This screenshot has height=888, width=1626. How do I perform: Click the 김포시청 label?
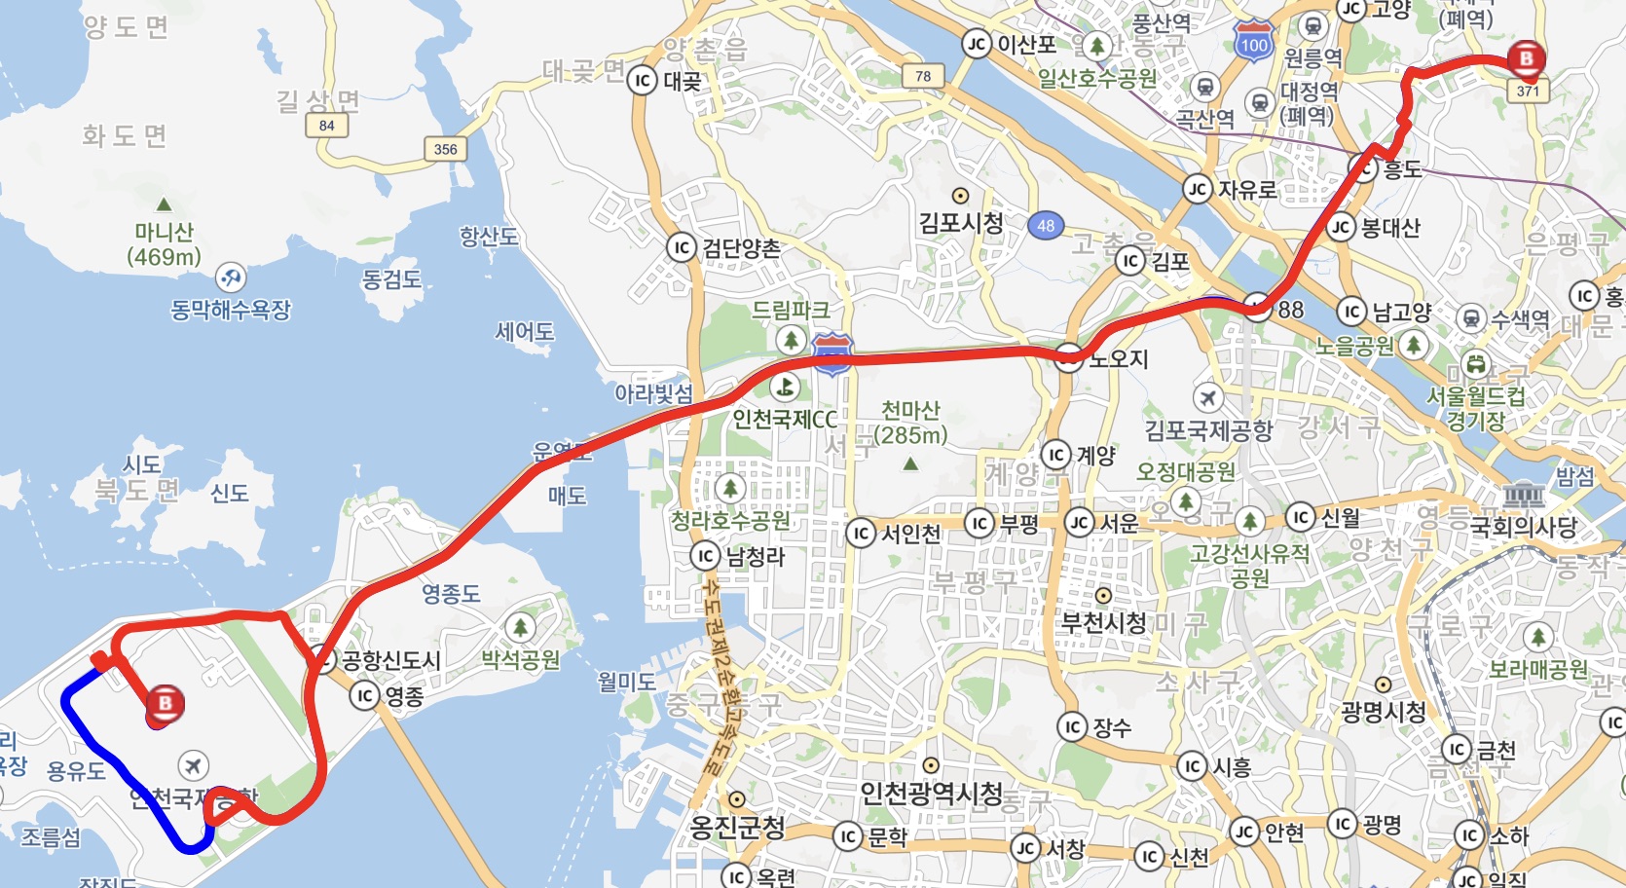(961, 223)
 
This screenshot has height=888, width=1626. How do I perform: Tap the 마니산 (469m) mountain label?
(164, 244)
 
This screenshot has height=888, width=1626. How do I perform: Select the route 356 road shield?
(445, 149)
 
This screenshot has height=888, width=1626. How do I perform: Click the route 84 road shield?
(326, 126)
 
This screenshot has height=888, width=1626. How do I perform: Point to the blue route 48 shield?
(1046, 226)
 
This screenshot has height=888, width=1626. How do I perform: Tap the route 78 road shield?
(923, 76)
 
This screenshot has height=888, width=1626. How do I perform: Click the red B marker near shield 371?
(1526, 58)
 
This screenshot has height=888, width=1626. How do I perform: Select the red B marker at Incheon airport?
(165, 704)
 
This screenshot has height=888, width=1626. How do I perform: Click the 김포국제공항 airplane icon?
(1208, 397)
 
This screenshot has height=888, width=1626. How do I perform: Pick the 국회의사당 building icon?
(1524, 497)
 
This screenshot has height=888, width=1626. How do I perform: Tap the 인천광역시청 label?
(931, 795)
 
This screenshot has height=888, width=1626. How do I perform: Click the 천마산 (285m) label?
(910, 423)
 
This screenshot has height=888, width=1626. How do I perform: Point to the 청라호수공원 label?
(730, 521)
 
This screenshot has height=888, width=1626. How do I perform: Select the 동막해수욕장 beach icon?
(231, 277)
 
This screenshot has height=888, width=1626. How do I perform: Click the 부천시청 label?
(1103, 622)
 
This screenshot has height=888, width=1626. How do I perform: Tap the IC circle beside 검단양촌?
(682, 248)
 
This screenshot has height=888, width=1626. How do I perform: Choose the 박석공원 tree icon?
(521, 628)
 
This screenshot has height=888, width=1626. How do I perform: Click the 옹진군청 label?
(737, 828)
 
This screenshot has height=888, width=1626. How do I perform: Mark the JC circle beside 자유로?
(1197, 189)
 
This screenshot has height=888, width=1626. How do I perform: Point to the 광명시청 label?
(1383, 712)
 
